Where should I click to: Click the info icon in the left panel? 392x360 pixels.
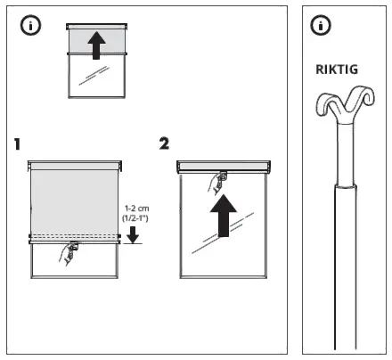[x=29, y=26]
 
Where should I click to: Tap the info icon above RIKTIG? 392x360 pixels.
[x=323, y=26]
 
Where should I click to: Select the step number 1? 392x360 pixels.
[x=19, y=143]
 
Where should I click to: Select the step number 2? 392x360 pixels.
[x=163, y=143]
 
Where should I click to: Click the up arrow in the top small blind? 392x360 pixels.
[x=95, y=39]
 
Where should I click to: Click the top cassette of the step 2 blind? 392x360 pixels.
[x=224, y=166]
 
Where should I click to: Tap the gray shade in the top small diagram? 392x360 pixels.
[x=80, y=40]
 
